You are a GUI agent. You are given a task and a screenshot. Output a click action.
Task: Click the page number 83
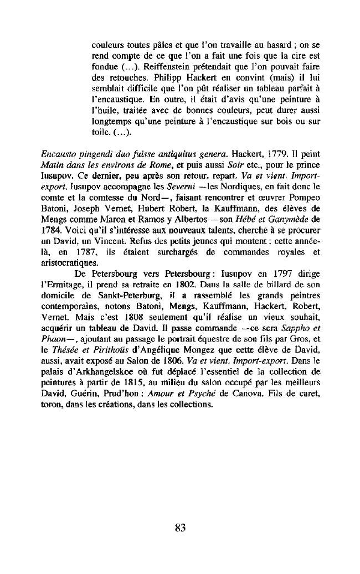pyautogui.click(x=179, y=528)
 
